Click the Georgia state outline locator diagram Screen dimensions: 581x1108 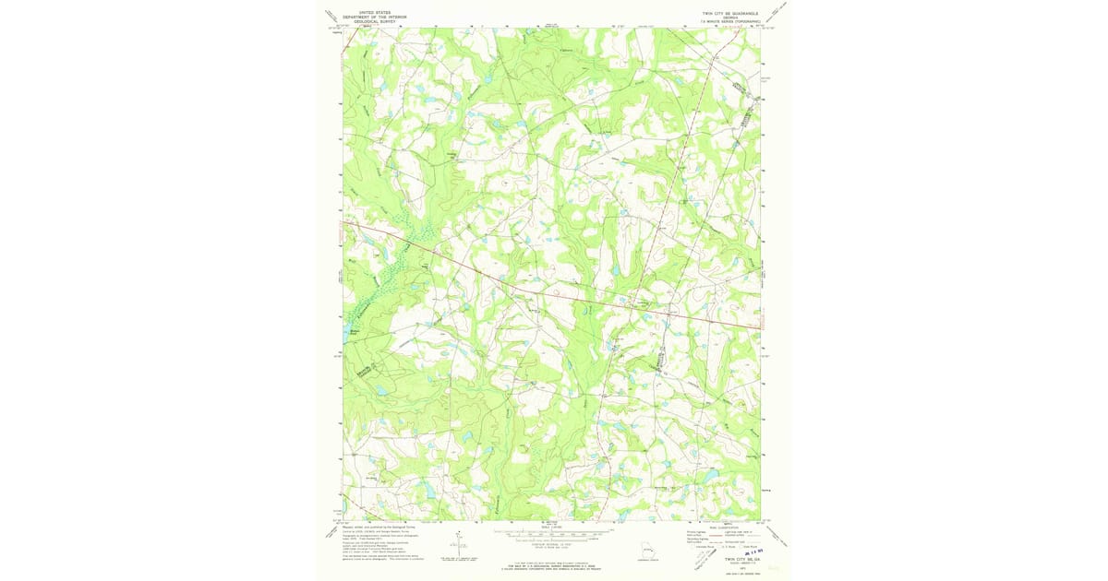pyautogui.click(x=652, y=552)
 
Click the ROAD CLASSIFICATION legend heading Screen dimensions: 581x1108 pyautogui.click(x=722, y=527)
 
